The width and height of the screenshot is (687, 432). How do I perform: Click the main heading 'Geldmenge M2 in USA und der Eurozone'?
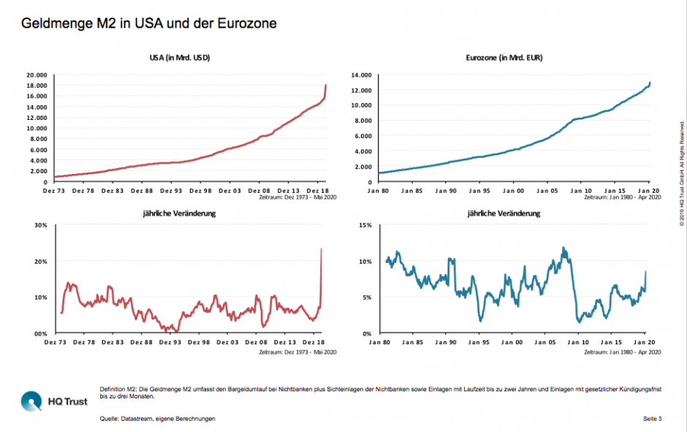(x=148, y=23)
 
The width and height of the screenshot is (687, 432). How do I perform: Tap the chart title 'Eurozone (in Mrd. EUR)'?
(x=504, y=58)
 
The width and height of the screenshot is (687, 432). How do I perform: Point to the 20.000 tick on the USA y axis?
(x=37, y=75)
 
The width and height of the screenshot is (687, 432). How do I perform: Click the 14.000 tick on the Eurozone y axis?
(x=362, y=75)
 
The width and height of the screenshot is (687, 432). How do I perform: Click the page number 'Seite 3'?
(x=652, y=419)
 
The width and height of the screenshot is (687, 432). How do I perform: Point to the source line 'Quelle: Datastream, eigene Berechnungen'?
(x=158, y=419)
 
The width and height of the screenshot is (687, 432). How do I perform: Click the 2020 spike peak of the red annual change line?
(x=322, y=249)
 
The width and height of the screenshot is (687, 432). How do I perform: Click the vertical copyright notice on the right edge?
(x=681, y=173)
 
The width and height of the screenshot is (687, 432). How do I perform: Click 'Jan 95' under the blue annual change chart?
(x=479, y=341)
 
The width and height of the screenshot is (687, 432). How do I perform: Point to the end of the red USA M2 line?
(x=325, y=86)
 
